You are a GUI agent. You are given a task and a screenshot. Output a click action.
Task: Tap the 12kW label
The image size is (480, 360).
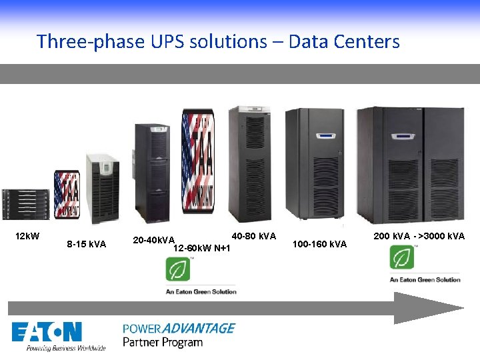pyautogui.click(x=27, y=237)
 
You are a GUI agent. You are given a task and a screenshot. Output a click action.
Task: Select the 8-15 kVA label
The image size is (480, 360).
pyautogui.click(x=87, y=244)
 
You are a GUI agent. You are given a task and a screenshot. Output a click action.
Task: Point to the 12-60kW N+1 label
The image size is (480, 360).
pyautogui.click(x=201, y=249)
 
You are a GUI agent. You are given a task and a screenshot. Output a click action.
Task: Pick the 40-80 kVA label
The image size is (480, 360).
pyautogui.click(x=253, y=237)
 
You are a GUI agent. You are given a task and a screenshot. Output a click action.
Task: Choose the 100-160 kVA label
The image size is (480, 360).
pyautogui.click(x=320, y=244)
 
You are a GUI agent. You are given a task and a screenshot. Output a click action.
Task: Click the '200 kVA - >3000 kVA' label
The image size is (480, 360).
pyautogui.click(x=419, y=237)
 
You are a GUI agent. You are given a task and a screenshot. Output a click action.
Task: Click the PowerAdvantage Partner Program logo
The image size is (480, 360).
pyautogui.click(x=179, y=335)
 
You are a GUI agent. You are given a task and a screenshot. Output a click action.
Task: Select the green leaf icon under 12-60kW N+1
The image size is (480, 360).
pyautogui.click(x=179, y=269)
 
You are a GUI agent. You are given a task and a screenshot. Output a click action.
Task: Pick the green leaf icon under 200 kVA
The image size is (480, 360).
pyautogui.click(x=402, y=257)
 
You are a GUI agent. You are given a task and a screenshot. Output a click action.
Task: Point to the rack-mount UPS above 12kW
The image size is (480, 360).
pyautogui.click(x=25, y=203)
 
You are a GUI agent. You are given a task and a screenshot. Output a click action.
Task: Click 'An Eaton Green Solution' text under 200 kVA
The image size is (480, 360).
pyautogui.click(x=425, y=280)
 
